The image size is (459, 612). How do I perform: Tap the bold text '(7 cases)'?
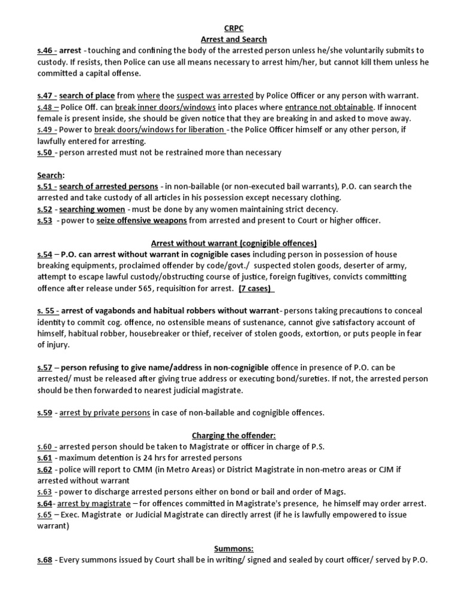tap(255, 289)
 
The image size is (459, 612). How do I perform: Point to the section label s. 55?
tap(48, 311)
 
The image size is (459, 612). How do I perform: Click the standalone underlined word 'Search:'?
tap(51, 175)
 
